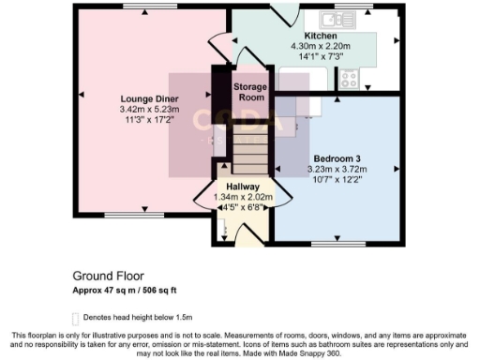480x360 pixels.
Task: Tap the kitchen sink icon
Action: pyautogui.click(x=336, y=18)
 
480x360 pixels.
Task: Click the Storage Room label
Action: pyautogui.click(x=249, y=92)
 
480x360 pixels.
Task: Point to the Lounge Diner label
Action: pyautogui.click(x=142, y=97)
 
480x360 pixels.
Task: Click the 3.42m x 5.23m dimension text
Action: pyautogui.click(x=142, y=109)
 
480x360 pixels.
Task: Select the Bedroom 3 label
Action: pyautogui.click(x=337, y=157)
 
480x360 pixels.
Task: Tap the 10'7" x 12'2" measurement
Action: pyautogui.click(x=337, y=180)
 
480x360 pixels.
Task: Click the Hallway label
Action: pyautogui.click(x=244, y=187)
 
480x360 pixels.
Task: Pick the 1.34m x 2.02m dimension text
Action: pyautogui.click(x=244, y=197)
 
